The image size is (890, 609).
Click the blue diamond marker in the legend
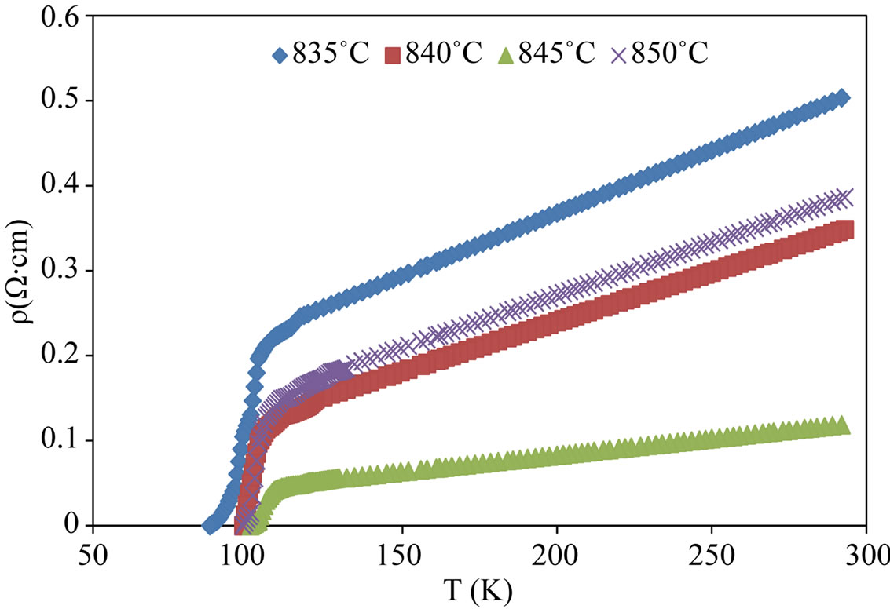279,56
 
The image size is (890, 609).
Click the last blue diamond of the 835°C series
842,97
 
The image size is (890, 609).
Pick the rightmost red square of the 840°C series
846,230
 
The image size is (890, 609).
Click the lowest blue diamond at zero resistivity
211,525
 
